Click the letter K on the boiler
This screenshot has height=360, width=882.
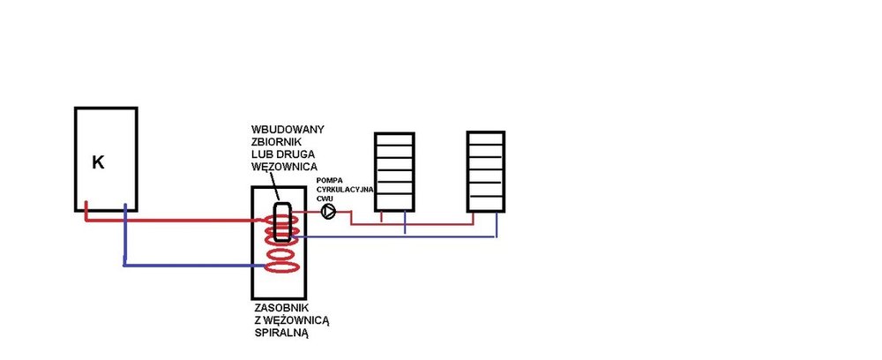(99, 162)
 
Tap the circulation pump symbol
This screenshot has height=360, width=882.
(329, 212)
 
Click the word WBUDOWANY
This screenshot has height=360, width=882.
(288, 130)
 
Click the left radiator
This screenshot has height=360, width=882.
(393, 171)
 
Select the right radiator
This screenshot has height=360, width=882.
(486, 171)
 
